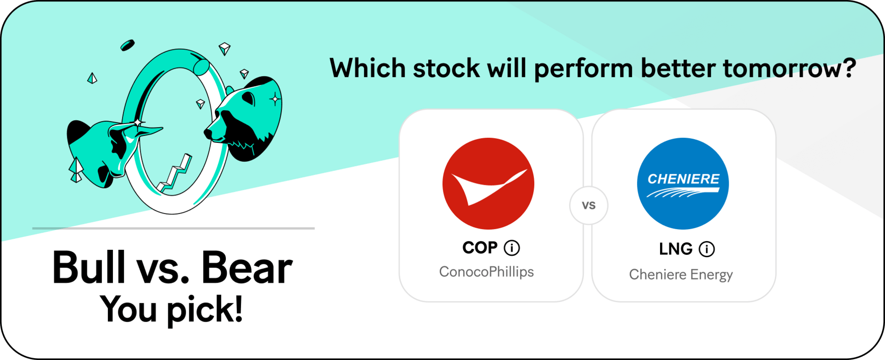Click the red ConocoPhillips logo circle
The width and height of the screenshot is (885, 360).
tap(488, 183)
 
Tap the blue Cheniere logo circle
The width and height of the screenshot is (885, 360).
tap(683, 183)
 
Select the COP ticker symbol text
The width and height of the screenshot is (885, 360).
tap(480, 248)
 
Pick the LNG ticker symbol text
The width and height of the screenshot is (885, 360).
tap(676, 249)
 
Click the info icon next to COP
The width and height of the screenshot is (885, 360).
tap(512, 248)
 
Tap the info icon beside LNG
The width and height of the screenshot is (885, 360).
tap(707, 249)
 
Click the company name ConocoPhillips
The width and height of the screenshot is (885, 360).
tap(486, 272)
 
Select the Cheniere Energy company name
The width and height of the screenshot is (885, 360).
tap(681, 275)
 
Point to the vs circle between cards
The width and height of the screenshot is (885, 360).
tap(589, 206)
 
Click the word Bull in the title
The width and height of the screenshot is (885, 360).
tap(88, 267)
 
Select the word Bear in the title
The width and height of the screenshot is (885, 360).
tap(247, 268)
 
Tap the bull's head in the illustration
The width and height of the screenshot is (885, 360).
tap(111, 148)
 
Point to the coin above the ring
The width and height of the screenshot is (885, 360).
tap(127, 45)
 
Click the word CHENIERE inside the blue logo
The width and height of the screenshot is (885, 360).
tap(684, 179)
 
